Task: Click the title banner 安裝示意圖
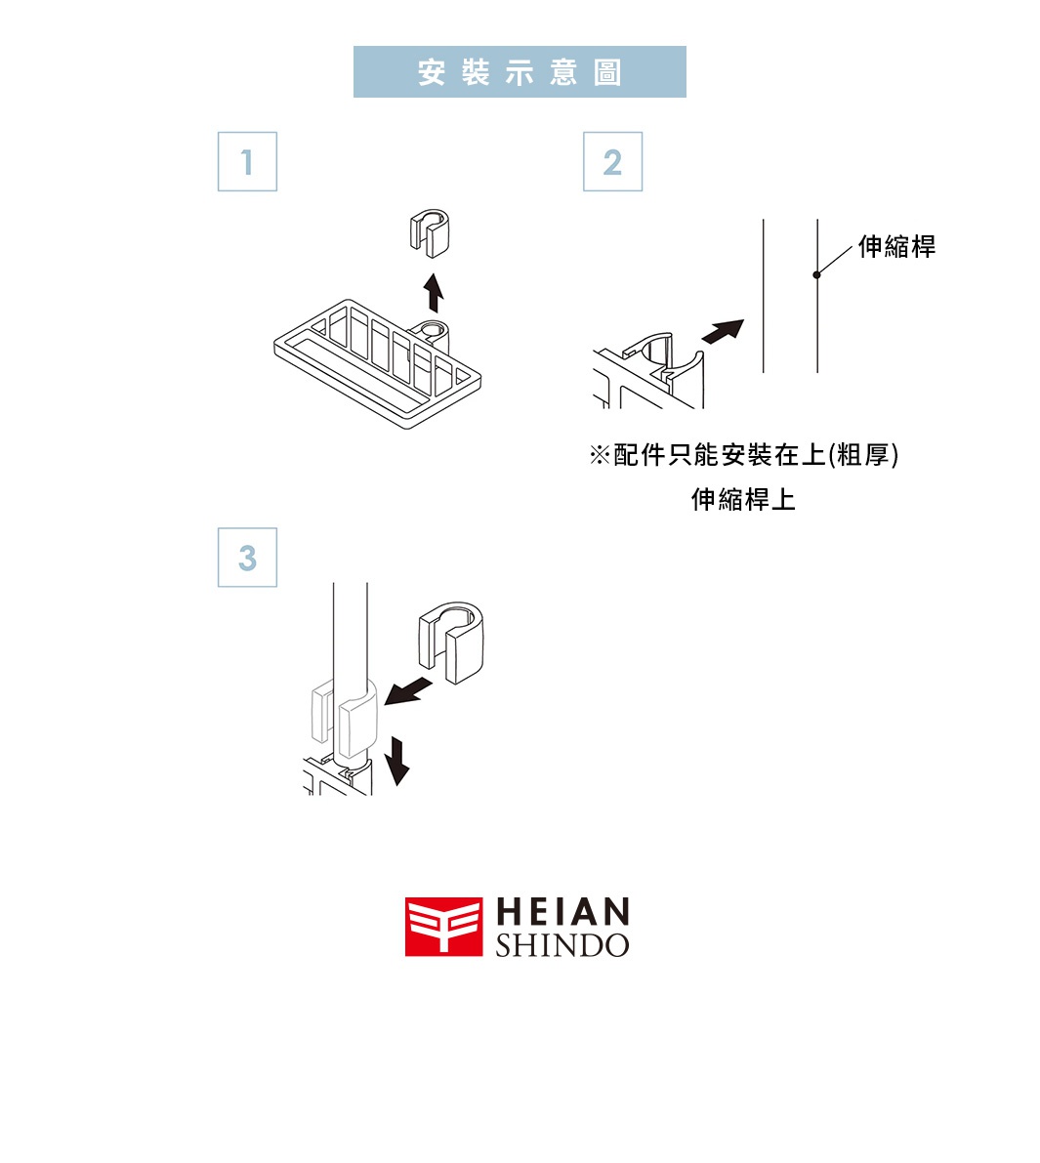coord(520,71)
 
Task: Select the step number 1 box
coord(247,161)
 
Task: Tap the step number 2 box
coord(612,161)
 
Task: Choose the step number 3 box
coord(247,558)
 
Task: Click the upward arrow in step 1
coord(434,292)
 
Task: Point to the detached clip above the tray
coord(430,231)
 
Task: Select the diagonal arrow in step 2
coord(722,331)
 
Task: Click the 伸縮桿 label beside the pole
coord(896,246)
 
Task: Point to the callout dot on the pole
coord(816,274)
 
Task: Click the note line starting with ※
coord(743,455)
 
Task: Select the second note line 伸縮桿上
coord(743,500)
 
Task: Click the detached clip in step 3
coord(451,640)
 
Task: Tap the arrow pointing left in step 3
coord(409,691)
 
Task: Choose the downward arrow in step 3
coord(396,761)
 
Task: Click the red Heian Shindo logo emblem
coord(443,927)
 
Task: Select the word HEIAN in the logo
coord(562,912)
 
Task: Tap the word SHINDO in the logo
coord(562,945)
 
